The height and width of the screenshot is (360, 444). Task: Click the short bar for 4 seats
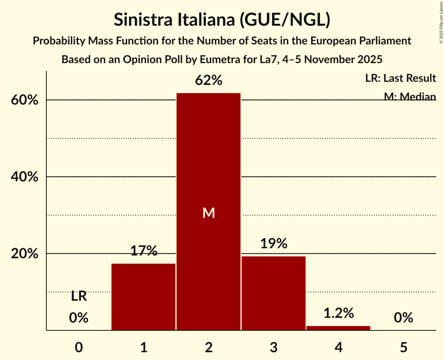pos(338,328)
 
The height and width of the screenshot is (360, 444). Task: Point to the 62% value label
pos(209,81)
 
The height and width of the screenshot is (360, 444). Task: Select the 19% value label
pos(273,244)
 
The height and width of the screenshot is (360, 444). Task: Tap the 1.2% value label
pos(338,313)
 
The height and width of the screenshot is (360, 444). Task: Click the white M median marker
pos(209,213)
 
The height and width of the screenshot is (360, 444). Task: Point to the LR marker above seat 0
pos(79,296)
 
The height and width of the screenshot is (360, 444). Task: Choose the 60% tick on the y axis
pos(24,100)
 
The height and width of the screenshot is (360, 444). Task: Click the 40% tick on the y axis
pos(24,177)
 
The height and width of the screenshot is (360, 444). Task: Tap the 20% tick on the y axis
pos(24,254)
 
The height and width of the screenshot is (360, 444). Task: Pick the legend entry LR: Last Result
pos(400,78)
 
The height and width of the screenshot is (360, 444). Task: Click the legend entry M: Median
pos(410,97)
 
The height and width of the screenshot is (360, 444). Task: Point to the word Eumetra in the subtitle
pos(216,60)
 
